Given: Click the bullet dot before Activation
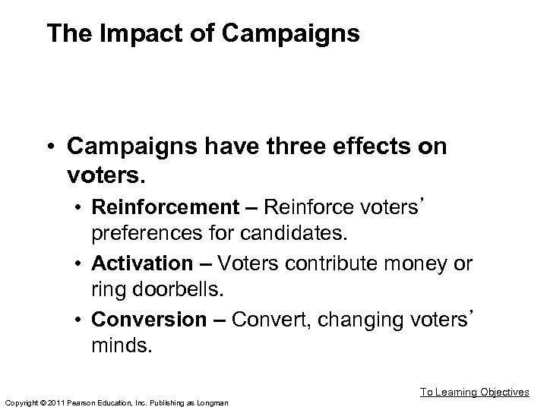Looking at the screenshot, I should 79,264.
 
